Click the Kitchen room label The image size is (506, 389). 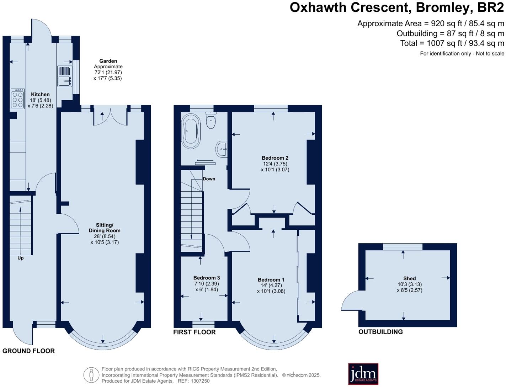(x=40, y=95)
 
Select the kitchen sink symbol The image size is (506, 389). (x=65, y=76)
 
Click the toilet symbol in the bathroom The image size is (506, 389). (x=211, y=121)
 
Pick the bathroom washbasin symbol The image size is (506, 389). (x=221, y=149)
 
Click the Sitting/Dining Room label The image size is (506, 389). (x=105, y=228)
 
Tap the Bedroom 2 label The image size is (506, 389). (x=275, y=158)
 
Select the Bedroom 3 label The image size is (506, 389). (x=207, y=278)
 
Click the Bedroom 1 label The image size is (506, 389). (x=271, y=280)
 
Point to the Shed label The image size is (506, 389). (x=410, y=278)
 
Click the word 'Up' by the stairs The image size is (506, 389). (x=21, y=258)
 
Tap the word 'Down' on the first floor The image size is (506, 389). (x=209, y=179)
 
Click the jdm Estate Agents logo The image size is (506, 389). (x=363, y=374)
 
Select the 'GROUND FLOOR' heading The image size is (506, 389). (x=28, y=351)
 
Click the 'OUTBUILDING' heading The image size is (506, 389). (x=380, y=332)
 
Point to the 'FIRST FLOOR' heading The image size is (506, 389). (x=195, y=332)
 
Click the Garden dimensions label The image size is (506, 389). (x=108, y=70)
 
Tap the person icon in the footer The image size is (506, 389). (x=91, y=375)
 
